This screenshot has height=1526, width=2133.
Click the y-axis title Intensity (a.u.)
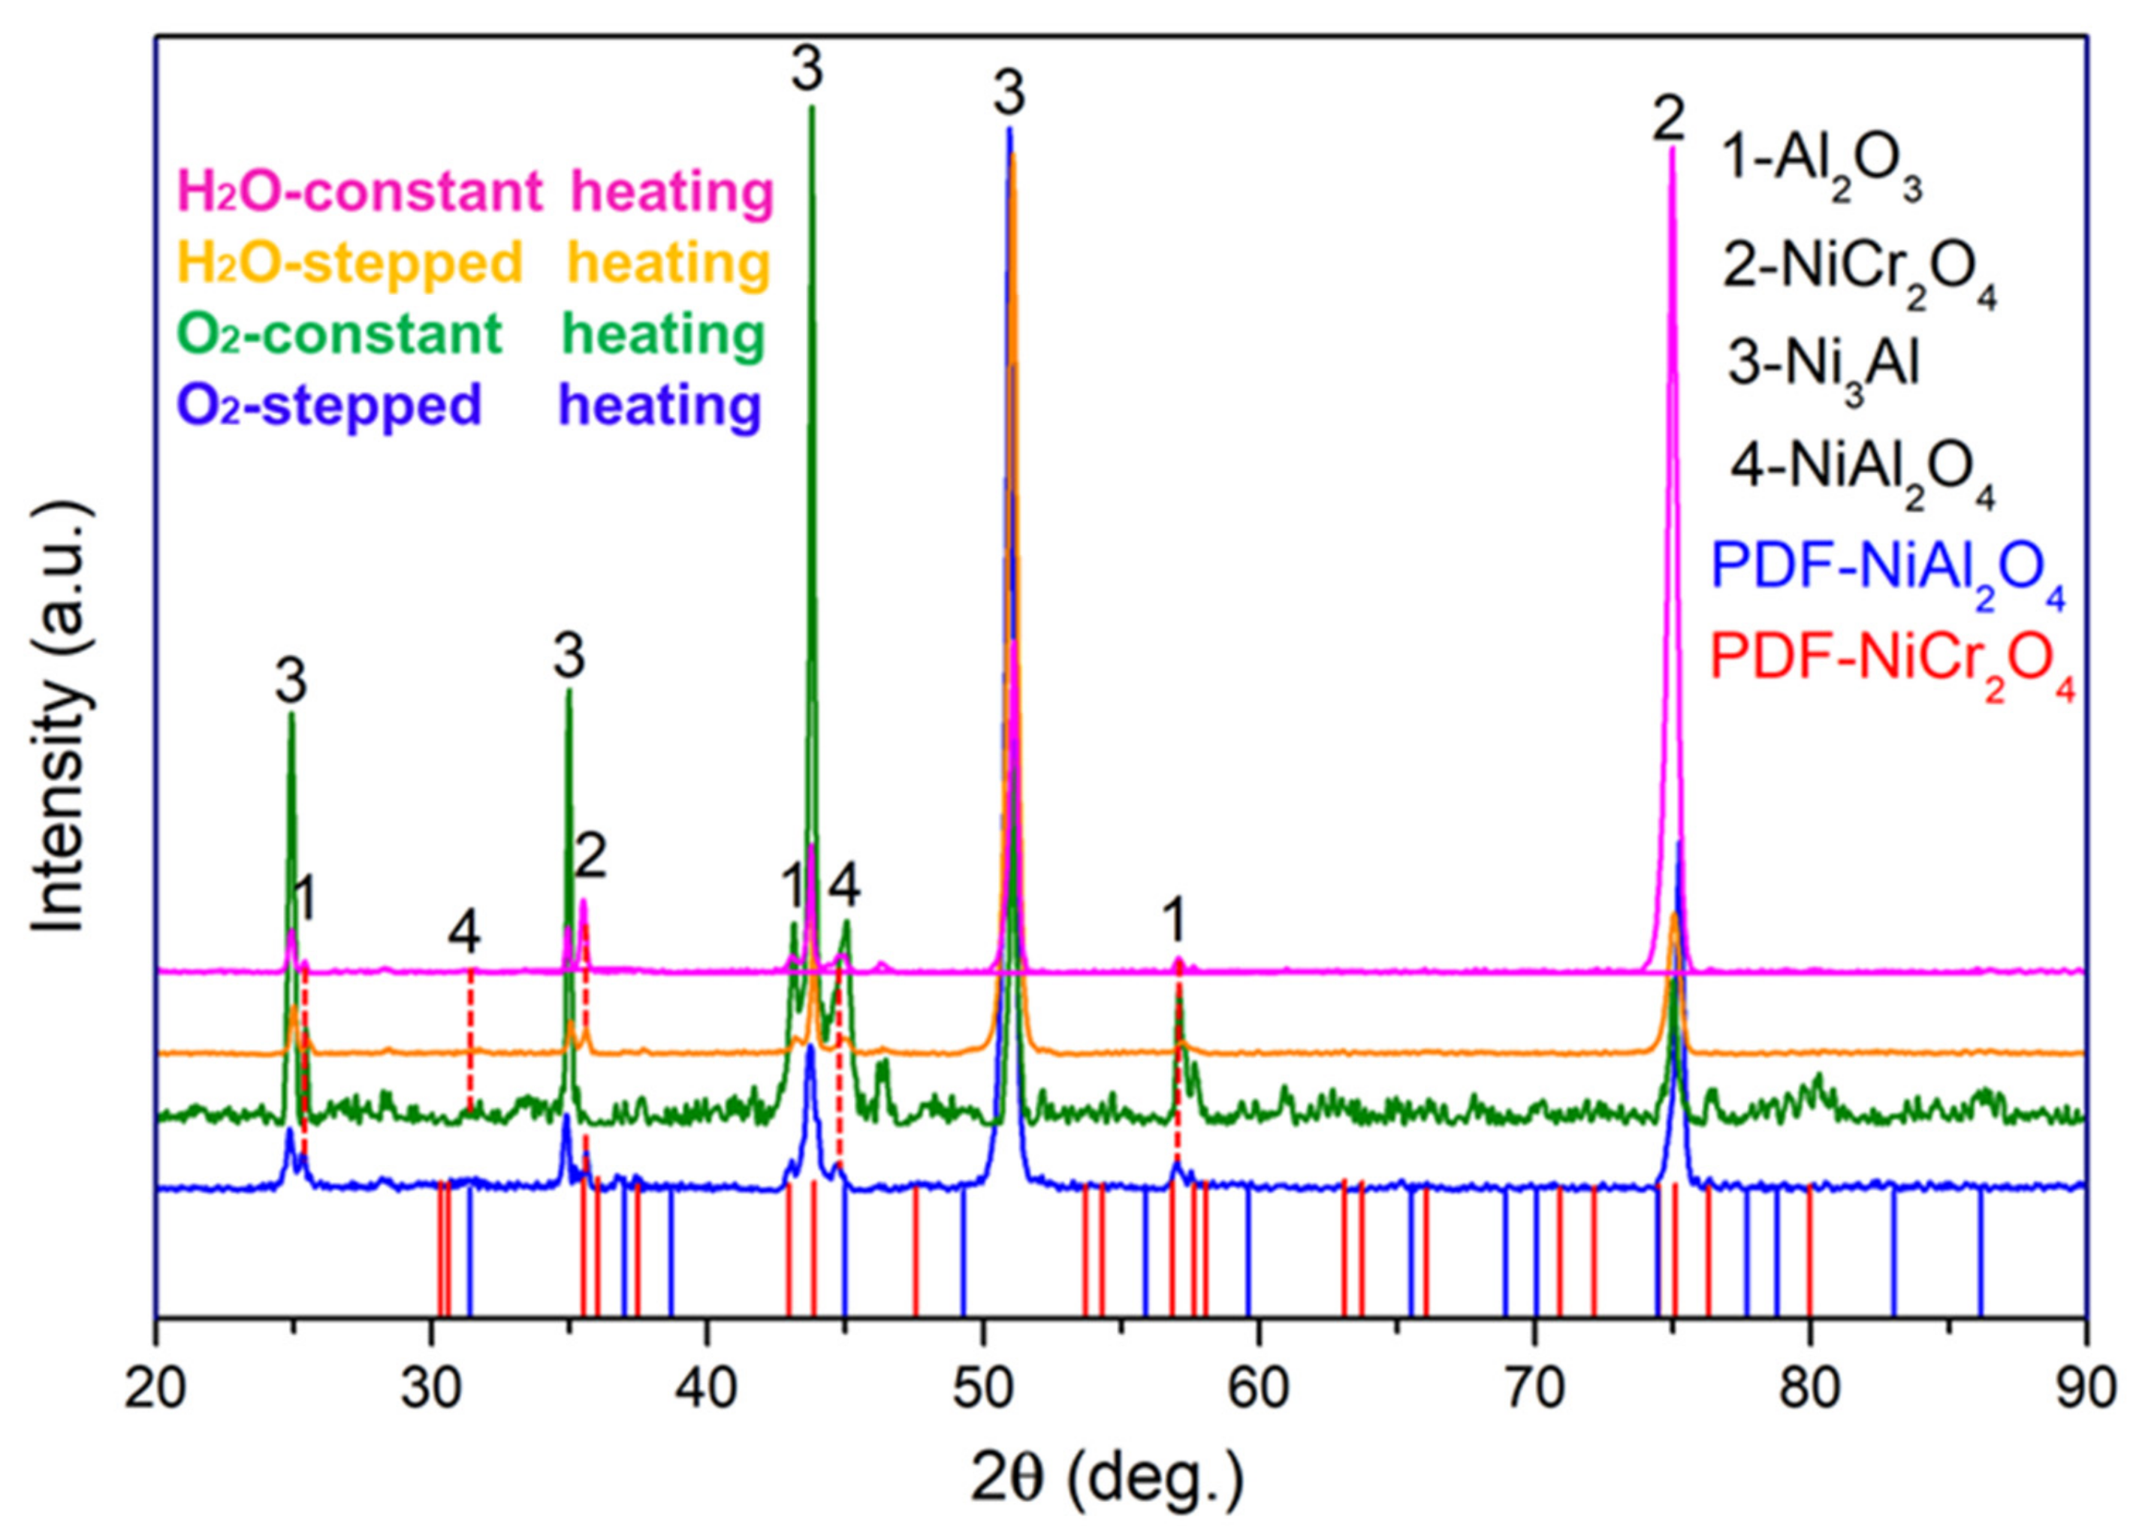[x=64, y=718]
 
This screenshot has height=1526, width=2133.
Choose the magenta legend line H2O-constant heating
[x=475, y=192]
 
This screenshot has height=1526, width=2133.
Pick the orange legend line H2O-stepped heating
[x=474, y=263]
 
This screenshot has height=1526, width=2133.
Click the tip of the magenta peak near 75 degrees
[x=1672, y=149]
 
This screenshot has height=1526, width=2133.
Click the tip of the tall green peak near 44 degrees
[x=812, y=107]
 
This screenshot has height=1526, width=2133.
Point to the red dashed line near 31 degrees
[x=471, y=1033]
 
